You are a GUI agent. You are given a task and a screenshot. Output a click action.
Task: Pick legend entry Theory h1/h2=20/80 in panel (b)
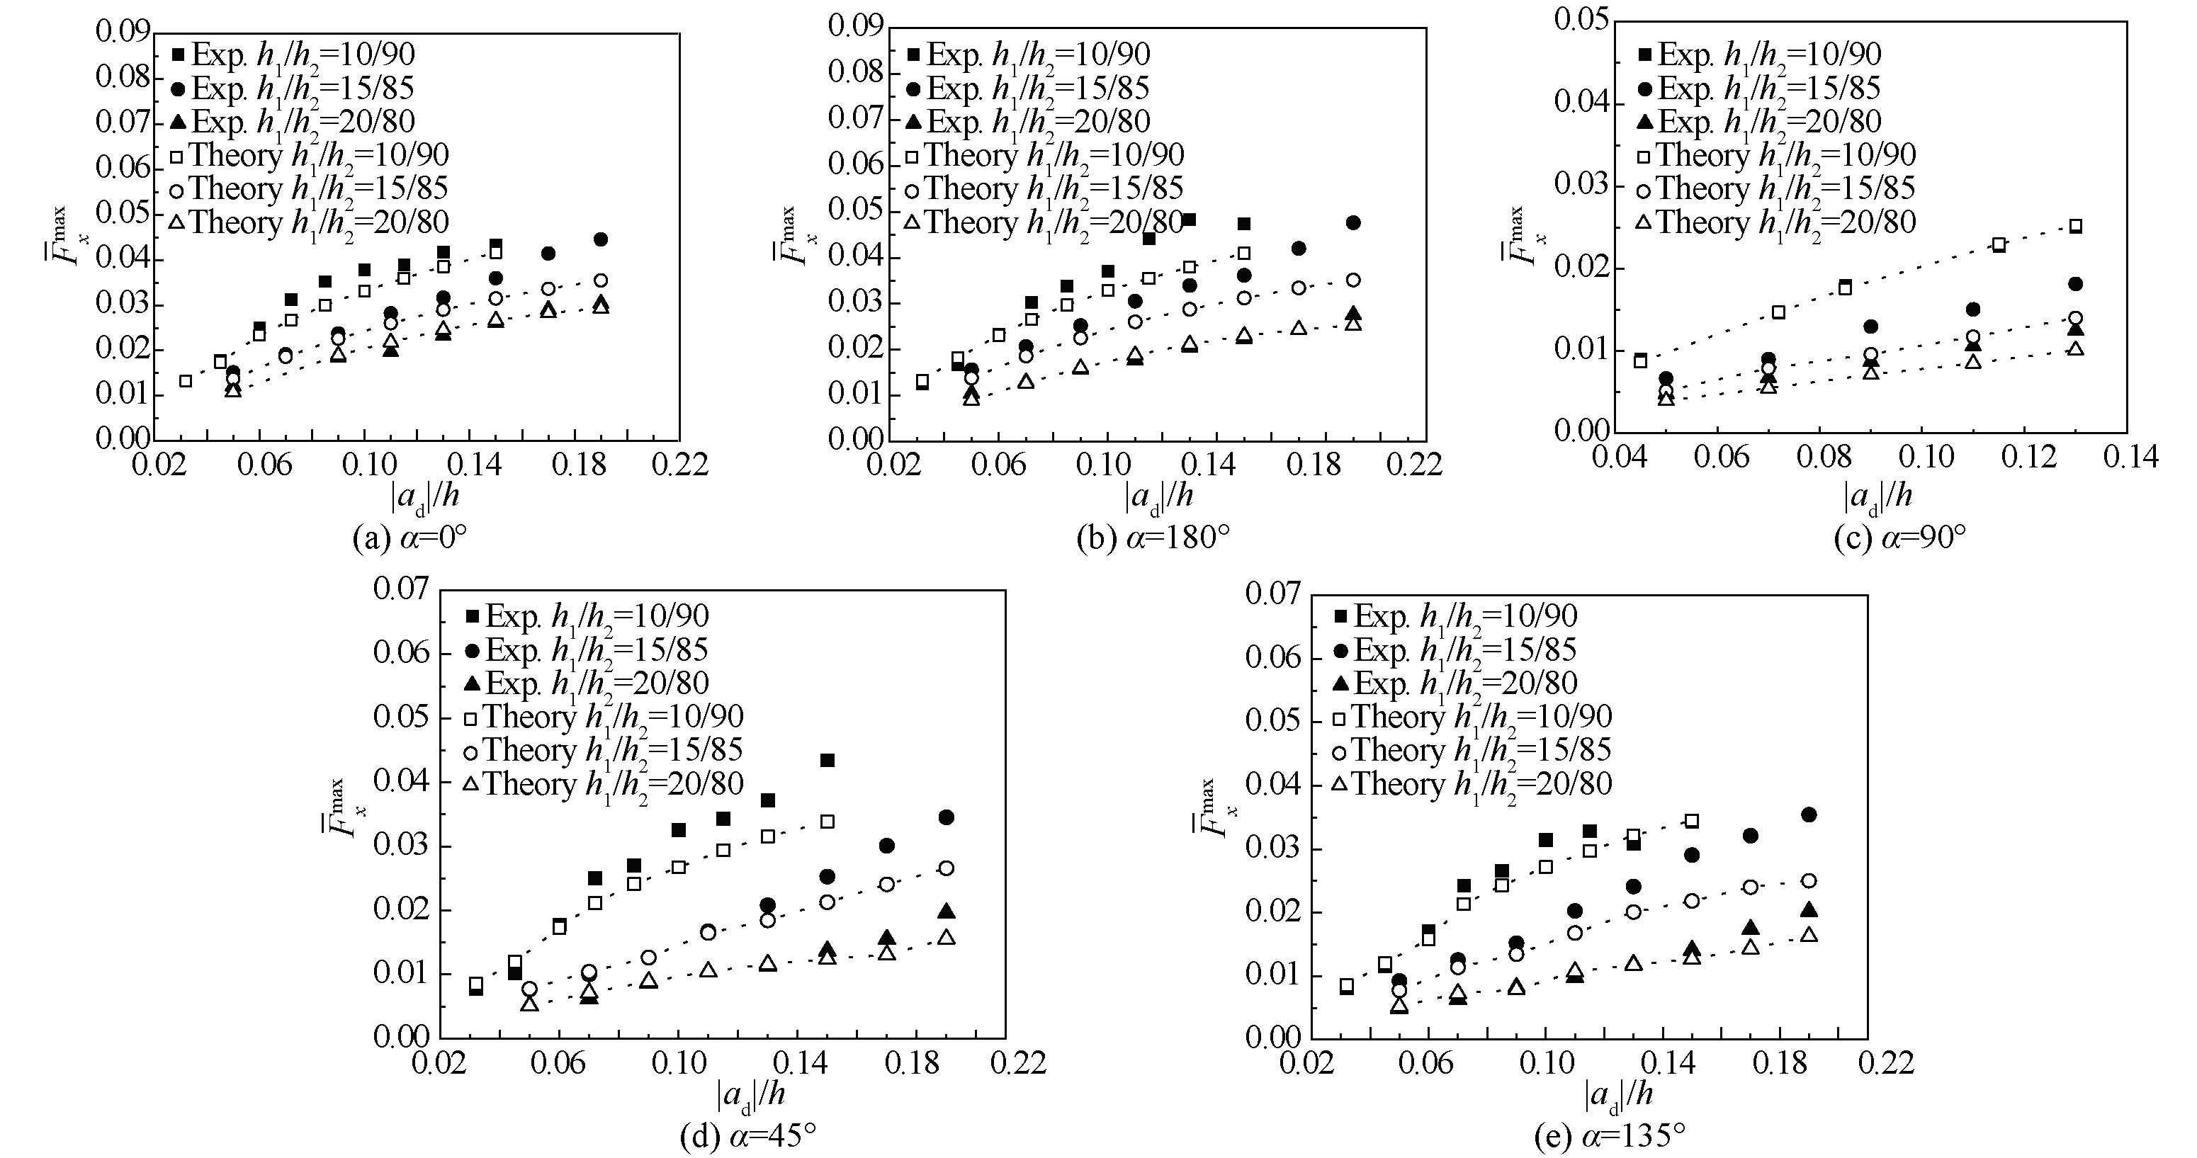(x=1045, y=222)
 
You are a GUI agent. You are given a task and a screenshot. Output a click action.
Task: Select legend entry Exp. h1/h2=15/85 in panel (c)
(x=1758, y=88)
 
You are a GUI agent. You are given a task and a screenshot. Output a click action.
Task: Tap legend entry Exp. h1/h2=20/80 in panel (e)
(x=1456, y=683)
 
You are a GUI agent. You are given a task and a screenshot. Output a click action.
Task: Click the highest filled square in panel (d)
(x=826, y=760)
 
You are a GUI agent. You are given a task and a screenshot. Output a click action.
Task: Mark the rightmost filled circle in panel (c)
(x=2075, y=284)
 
